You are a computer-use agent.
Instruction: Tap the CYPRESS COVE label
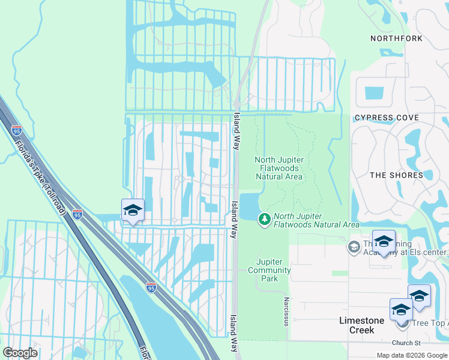click(x=387, y=118)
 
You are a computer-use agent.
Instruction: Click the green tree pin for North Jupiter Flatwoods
click(x=264, y=220)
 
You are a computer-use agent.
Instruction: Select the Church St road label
click(x=406, y=343)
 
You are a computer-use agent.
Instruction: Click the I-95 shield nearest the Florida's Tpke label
click(x=17, y=130)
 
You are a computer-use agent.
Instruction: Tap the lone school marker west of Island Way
click(x=133, y=211)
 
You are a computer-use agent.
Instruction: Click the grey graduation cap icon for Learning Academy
click(x=354, y=247)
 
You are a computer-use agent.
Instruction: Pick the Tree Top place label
click(x=429, y=323)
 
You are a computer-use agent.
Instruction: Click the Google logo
click(x=20, y=353)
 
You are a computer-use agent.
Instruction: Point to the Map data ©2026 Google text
click(x=411, y=355)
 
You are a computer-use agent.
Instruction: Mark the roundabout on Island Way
click(x=237, y=103)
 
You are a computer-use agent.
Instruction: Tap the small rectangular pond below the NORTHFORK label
click(x=374, y=93)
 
